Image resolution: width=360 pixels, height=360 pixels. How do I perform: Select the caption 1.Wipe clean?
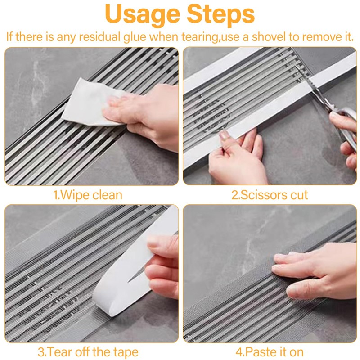tap(88, 195)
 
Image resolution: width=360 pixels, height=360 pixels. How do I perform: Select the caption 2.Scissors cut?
tap(270, 195)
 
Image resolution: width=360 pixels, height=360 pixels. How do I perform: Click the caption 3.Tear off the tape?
tap(88, 351)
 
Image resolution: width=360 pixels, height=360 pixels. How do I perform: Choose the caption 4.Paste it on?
tap(270, 351)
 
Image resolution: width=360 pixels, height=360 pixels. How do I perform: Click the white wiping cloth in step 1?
tap(85, 101)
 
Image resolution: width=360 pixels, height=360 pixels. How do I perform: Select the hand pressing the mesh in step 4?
tap(315, 270)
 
